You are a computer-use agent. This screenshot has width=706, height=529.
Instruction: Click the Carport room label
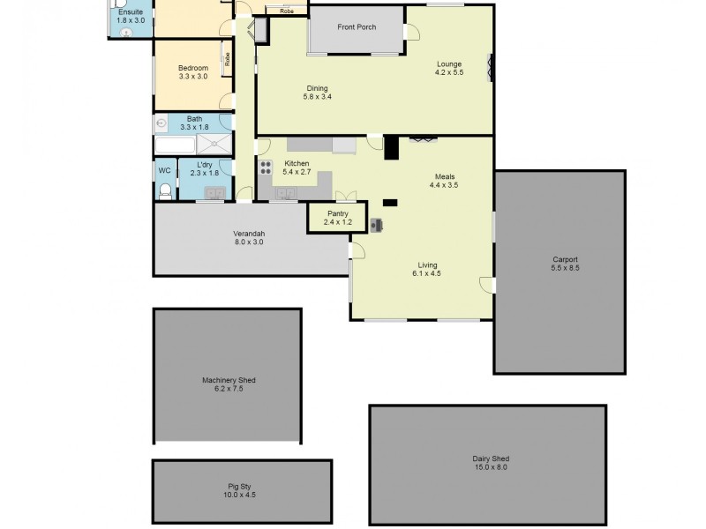coord(565,259)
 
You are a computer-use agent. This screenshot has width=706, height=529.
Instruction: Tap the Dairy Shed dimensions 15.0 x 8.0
coord(491,466)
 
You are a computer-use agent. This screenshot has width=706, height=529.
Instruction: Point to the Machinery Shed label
coord(228,380)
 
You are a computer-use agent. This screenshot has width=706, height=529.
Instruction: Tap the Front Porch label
coord(357,27)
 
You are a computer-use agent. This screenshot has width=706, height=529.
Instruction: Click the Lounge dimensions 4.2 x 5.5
coord(448,72)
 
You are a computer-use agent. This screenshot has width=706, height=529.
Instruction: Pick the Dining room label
coord(318,87)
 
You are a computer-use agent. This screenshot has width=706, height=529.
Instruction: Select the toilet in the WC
coord(164,190)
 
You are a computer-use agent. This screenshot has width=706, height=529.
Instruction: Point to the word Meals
coord(444,176)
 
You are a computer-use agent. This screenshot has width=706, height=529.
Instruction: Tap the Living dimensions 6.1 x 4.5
coord(426,273)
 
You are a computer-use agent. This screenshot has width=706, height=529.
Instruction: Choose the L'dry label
coord(204,165)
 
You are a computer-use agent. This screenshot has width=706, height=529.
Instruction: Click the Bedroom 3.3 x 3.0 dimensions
coord(193,77)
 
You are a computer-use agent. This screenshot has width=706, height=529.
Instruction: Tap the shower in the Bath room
coord(212,145)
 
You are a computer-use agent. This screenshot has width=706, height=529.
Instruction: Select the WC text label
coord(164,170)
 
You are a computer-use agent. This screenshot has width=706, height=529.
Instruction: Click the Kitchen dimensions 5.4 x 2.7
coord(297,173)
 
